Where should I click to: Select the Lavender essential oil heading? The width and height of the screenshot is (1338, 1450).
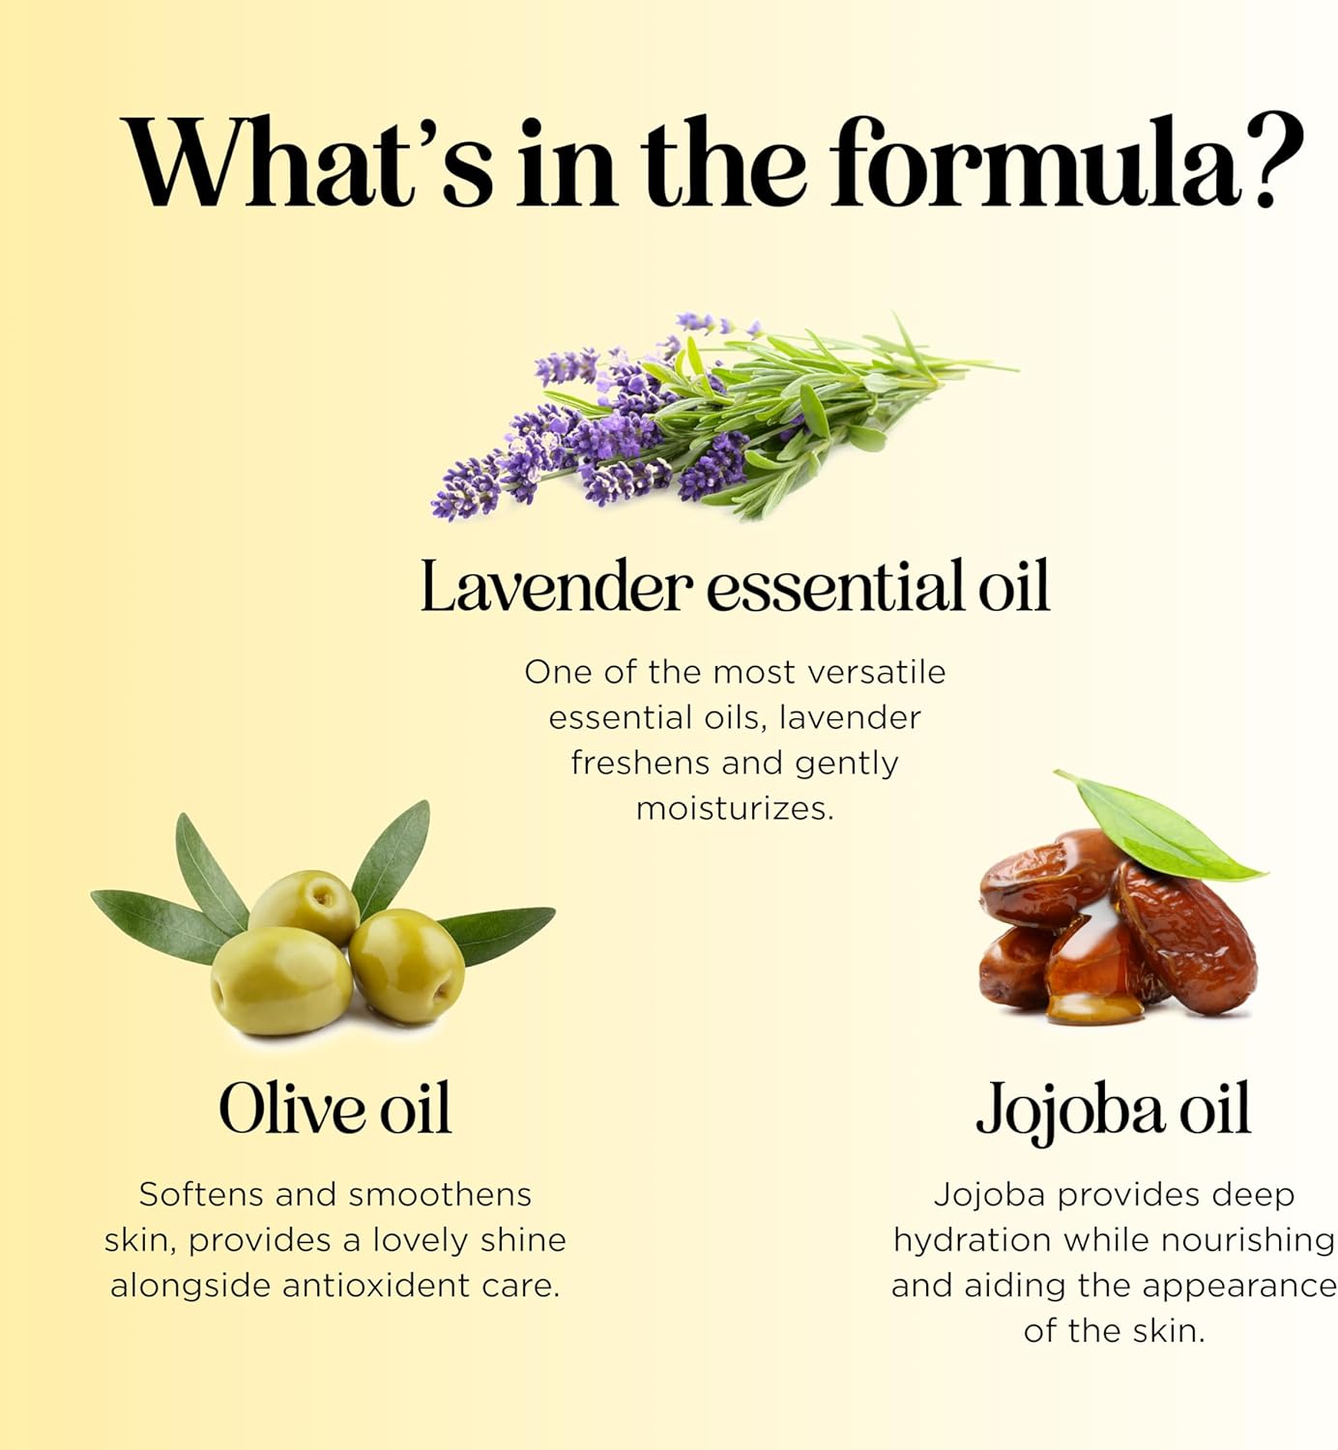coord(735,586)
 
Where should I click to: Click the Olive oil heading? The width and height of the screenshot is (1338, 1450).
coord(335,1109)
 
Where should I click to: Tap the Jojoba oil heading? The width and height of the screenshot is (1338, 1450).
coord(1113,1112)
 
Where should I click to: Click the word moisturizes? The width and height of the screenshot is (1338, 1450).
coord(735,808)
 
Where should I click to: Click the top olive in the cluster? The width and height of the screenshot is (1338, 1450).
coord(305,907)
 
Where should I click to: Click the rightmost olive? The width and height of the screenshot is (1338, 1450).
coord(407,965)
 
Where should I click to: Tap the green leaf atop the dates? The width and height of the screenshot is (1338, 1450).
coord(1161,827)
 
